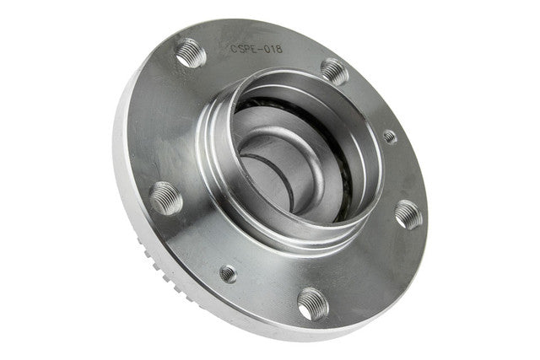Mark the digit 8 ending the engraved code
pyautogui.click(x=278, y=49)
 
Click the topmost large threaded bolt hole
pyautogui.click(x=191, y=53)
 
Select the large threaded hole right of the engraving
pyautogui.click(x=335, y=72)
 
